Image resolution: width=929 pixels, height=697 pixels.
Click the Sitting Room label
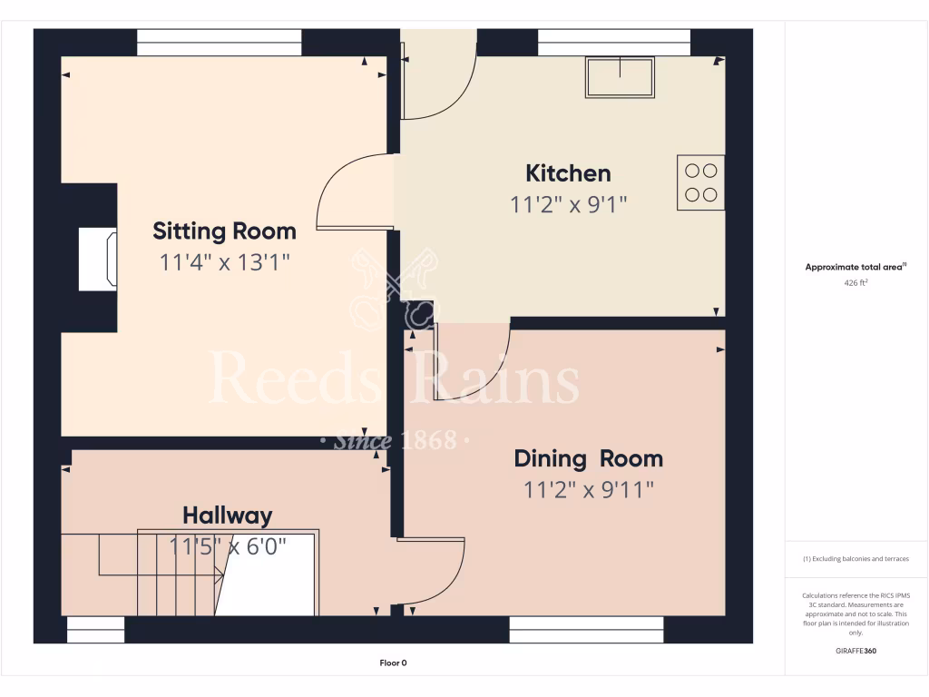point(224,231)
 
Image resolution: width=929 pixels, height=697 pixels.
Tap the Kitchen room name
point(568,172)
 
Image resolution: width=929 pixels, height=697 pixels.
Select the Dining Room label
point(588,458)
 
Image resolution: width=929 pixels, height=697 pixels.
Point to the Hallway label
point(227,515)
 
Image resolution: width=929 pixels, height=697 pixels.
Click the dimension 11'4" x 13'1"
point(224,263)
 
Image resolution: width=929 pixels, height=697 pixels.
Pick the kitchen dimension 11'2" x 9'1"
point(568,205)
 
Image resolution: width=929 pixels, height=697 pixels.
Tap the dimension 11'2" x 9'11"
point(588,490)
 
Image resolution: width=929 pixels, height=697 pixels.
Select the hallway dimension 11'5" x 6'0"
point(227,546)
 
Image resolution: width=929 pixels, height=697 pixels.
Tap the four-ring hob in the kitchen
point(700,182)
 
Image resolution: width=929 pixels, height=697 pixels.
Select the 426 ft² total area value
point(856,283)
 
